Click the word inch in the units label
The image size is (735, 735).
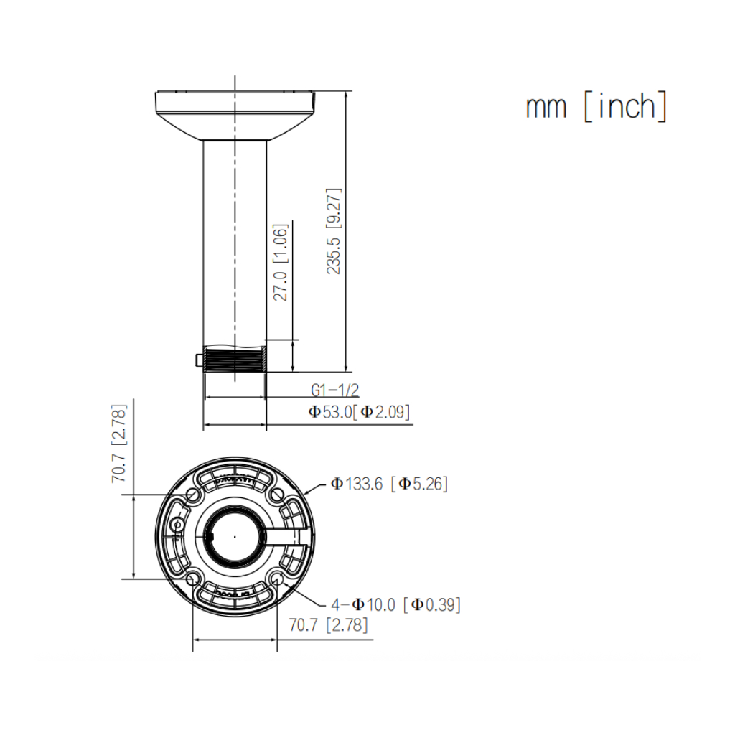tap(627, 107)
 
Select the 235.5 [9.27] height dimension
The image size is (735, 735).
tap(334, 232)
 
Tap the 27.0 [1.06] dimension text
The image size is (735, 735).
tap(281, 262)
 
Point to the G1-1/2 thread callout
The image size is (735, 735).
tap(334, 390)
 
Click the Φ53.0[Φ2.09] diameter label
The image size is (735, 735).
tap(360, 412)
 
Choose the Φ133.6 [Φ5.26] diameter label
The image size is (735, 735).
tap(389, 484)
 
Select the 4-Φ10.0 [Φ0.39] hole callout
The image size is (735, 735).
tap(395, 604)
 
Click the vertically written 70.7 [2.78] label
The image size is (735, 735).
tap(119, 444)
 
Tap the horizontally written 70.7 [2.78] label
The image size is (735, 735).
tap(328, 625)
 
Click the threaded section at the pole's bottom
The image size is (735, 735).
tap(235, 359)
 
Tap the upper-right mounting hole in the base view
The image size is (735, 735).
tap(277, 495)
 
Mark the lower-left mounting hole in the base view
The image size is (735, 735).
tap(192, 578)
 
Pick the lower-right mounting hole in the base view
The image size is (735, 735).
tap(277, 578)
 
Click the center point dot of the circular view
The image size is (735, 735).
tap(235, 536)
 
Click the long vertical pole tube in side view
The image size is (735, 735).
tap(235, 237)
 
